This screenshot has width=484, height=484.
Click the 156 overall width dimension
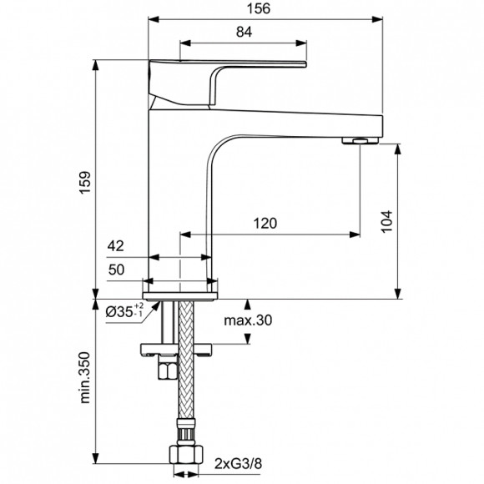pyautogui.click(x=265, y=10)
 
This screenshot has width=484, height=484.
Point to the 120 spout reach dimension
pyautogui.click(x=265, y=224)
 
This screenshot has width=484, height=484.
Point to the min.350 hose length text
pyautogui.click(x=85, y=381)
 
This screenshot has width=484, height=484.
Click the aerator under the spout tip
pyautogui.click(x=360, y=139)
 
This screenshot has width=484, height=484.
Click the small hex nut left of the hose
pyautogui.click(x=165, y=368)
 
